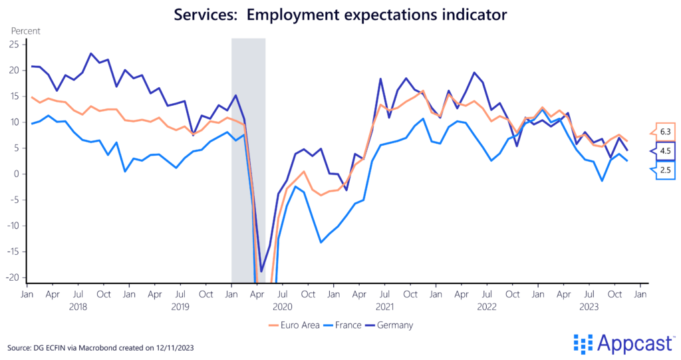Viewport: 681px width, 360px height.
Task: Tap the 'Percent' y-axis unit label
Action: [x=26, y=31]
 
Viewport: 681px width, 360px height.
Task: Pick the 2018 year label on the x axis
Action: [x=78, y=307]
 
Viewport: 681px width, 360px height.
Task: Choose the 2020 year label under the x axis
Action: [x=283, y=307]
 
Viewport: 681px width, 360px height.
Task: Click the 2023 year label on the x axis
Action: [x=589, y=307]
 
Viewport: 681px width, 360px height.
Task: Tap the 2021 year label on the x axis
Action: [x=384, y=307]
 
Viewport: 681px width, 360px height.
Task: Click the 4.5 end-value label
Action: [x=665, y=151]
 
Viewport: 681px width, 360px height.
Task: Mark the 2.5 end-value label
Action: [x=665, y=170]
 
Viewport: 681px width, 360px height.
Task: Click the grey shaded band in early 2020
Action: [x=248, y=160]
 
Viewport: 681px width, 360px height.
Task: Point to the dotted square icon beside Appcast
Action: [x=583, y=344]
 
